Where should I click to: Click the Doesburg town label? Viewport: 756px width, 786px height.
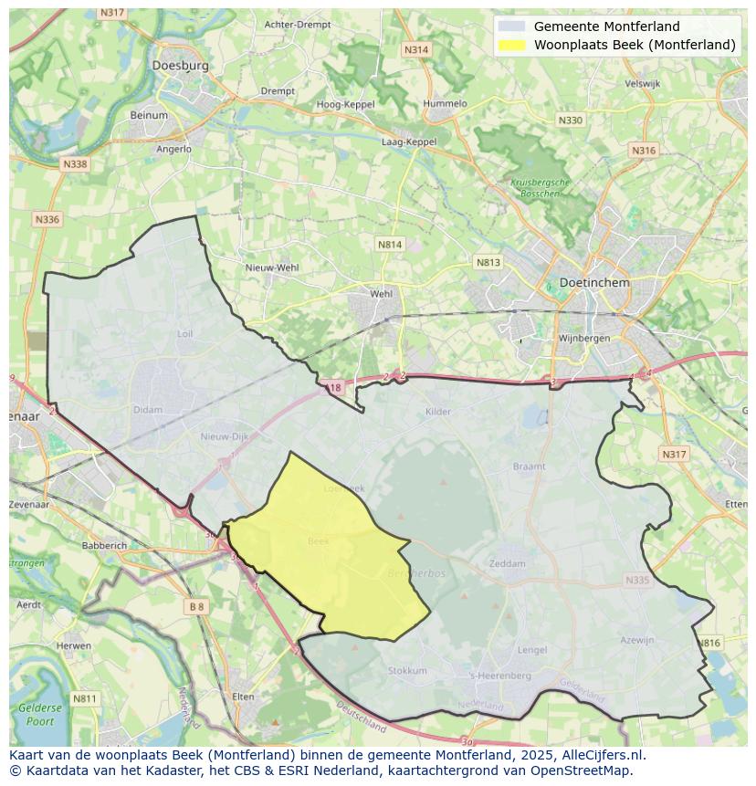click(181, 66)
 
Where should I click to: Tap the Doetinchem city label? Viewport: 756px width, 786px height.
click(594, 283)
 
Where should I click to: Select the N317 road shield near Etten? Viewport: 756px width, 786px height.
click(673, 455)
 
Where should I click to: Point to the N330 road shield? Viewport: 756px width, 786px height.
click(570, 121)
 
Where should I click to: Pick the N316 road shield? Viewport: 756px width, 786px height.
click(643, 151)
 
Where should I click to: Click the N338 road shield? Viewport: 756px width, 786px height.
click(75, 164)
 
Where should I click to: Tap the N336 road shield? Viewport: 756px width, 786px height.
click(47, 219)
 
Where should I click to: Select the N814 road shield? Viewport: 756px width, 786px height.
click(390, 245)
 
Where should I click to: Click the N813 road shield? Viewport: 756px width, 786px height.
click(488, 263)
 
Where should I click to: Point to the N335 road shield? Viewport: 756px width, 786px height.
click(637, 580)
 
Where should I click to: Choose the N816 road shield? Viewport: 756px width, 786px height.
click(709, 644)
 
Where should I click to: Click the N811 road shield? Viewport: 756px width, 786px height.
click(84, 699)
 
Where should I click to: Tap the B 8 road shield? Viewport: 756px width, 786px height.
click(196, 606)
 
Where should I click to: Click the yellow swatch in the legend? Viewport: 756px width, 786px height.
click(512, 45)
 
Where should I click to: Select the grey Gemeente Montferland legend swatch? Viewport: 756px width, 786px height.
click(512, 26)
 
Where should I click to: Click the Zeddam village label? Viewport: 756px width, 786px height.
click(507, 563)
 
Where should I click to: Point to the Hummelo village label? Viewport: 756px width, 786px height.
click(445, 104)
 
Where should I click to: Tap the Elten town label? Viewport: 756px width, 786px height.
click(243, 697)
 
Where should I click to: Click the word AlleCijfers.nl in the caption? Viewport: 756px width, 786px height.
click(601, 756)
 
